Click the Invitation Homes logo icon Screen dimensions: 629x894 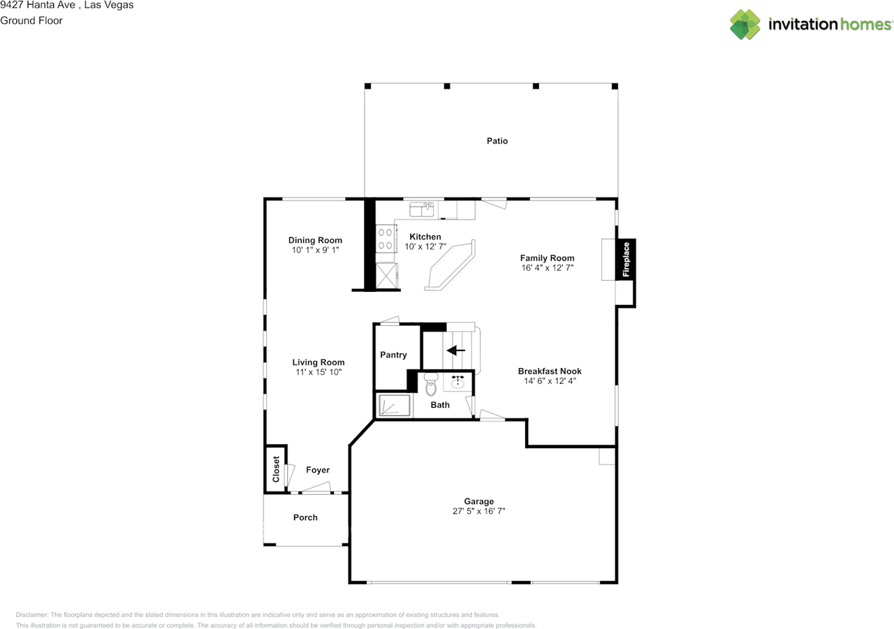point(745,24)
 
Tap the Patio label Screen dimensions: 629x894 point(497,141)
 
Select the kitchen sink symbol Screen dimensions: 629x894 point(422,209)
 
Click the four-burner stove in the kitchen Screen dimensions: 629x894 point(385,239)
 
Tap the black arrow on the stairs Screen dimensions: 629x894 point(456,350)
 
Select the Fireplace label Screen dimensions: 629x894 point(626,260)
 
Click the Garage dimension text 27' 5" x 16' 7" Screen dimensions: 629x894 point(478,511)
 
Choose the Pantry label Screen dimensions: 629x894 point(393,355)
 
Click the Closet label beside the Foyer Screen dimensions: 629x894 point(276,469)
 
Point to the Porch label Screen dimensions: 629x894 point(305,517)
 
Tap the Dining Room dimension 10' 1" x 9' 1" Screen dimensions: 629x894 point(315,249)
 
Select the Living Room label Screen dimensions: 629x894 point(318,362)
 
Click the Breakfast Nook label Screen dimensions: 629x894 point(550,371)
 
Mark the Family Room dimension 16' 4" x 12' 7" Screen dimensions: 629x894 point(547,267)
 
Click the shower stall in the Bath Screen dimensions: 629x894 point(393,406)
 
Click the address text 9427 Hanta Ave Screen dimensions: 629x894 point(38,5)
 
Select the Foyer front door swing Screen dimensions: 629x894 point(318,488)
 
